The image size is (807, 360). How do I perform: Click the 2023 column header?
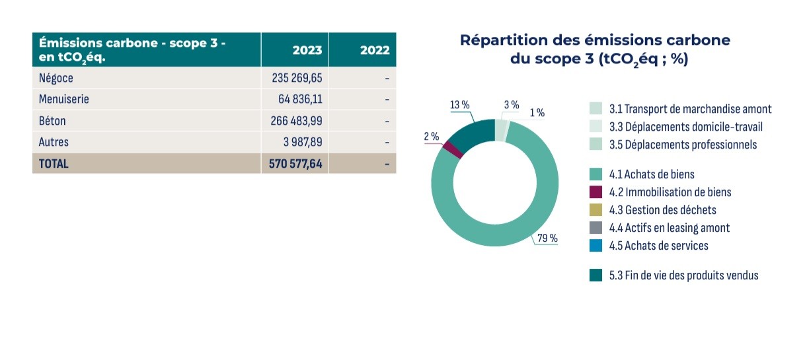click(x=308, y=50)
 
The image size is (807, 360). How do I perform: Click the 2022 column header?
click(x=375, y=50)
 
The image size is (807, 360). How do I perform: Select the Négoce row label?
click(x=56, y=78)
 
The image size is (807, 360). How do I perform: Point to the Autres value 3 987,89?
click(x=301, y=142)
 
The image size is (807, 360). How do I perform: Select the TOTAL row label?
click(x=54, y=163)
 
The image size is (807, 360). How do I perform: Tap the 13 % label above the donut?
click(x=459, y=105)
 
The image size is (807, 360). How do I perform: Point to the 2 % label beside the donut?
click(x=431, y=137)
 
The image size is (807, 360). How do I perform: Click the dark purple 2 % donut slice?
click(x=452, y=149)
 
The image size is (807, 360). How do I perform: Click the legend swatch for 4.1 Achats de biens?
click(x=596, y=174)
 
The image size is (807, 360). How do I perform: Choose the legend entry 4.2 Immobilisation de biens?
click(x=670, y=192)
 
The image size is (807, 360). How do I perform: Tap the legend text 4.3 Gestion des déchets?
click(x=662, y=210)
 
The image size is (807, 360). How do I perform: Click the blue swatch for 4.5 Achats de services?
click(x=596, y=246)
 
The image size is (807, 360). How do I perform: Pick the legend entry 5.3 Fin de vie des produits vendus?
click(x=683, y=275)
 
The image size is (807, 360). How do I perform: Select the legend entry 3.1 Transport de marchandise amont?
click(x=690, y=109)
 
